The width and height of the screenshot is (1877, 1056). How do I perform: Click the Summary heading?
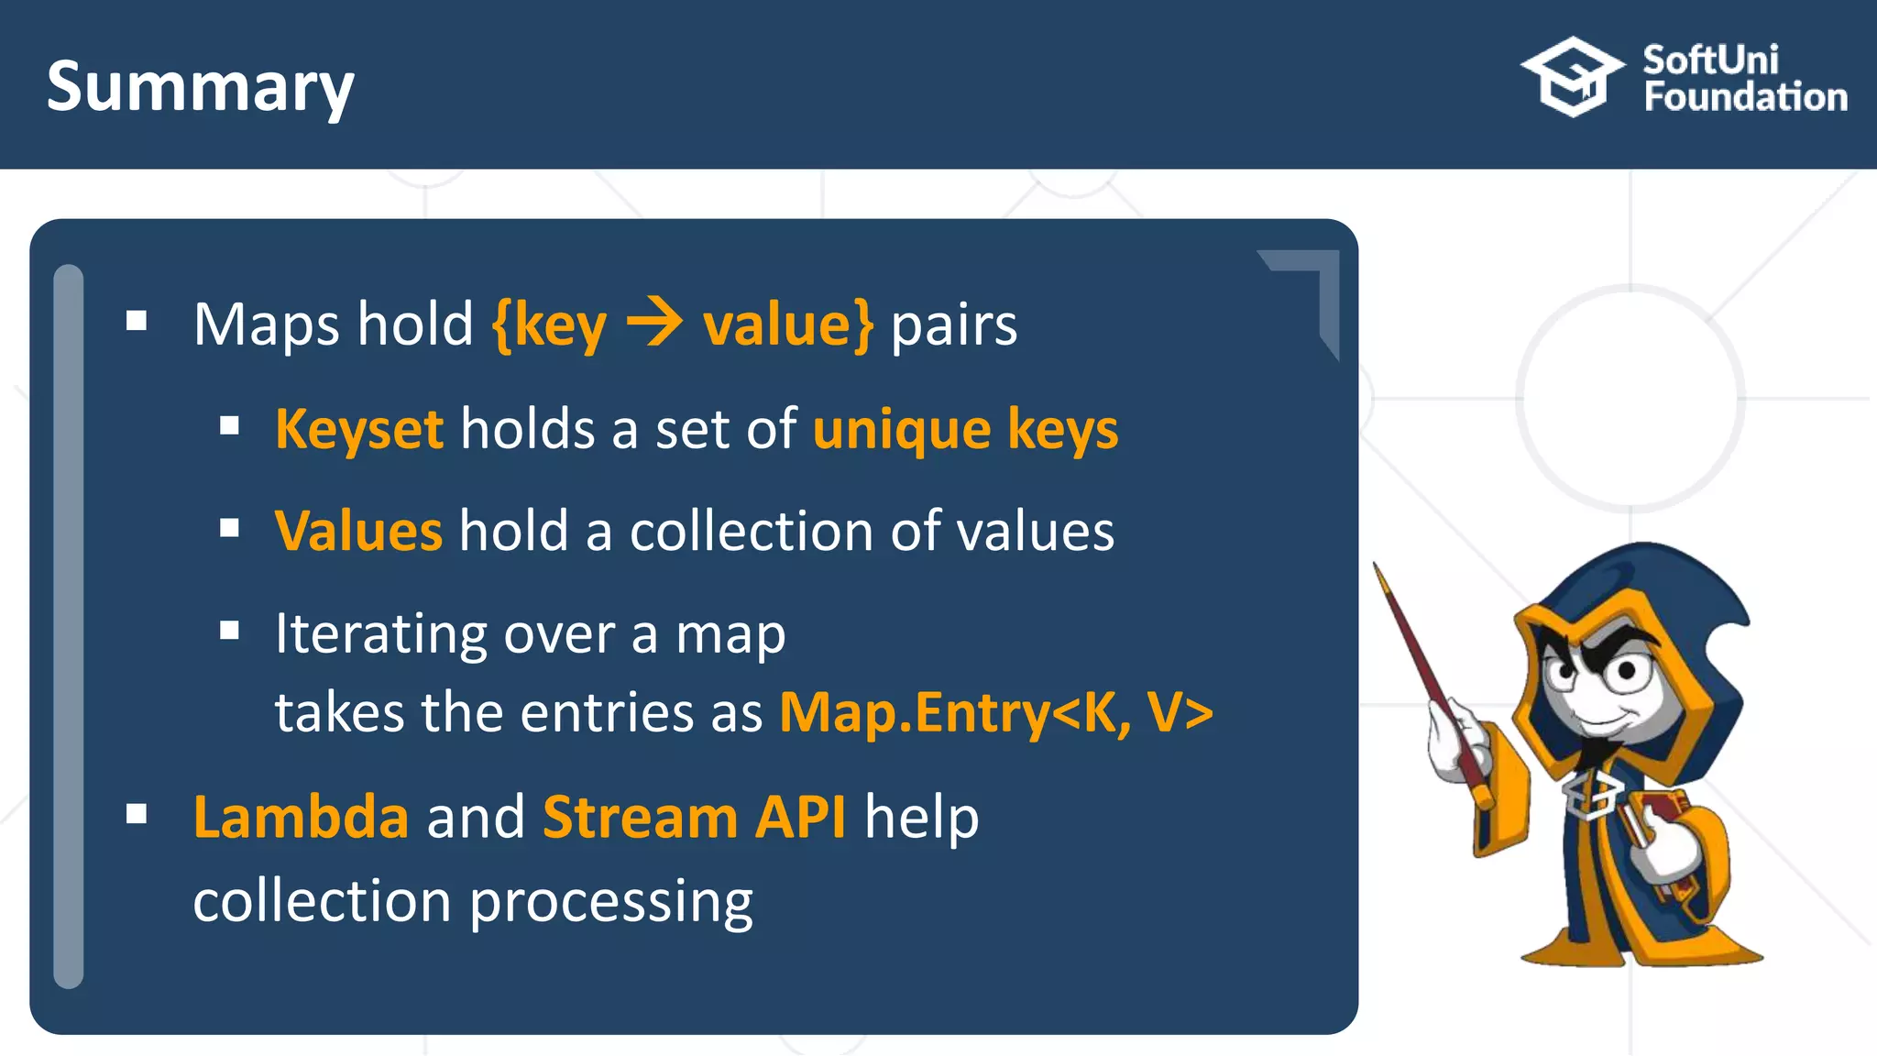200,88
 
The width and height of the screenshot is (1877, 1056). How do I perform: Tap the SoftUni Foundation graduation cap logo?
1572,77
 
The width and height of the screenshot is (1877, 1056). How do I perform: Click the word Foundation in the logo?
1745,97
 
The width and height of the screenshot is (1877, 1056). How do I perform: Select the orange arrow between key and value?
653,324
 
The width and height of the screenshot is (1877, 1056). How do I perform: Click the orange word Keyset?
359,429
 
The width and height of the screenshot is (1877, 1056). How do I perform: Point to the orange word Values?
358,531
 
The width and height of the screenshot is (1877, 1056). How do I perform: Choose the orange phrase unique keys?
965,429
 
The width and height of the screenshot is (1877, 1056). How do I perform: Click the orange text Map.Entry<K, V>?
995,712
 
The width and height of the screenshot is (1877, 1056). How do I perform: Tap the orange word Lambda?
301,817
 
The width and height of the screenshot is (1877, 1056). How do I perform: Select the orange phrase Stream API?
694,817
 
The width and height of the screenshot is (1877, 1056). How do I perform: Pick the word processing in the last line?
611,902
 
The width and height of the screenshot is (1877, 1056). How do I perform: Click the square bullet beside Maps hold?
137,321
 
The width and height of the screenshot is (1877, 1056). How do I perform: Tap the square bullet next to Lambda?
137,814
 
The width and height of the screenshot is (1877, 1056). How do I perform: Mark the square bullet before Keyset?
229,426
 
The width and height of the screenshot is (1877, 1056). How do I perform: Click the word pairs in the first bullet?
953,325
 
